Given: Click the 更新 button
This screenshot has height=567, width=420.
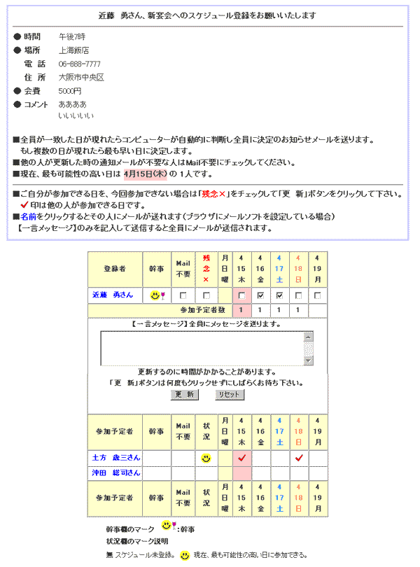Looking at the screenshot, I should coord(185,394).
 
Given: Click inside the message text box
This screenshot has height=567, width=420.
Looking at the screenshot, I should coord(202,348).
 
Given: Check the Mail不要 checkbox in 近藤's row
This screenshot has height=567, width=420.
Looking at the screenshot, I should coord(183,295).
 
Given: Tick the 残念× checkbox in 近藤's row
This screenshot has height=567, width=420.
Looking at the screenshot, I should coord(206,295).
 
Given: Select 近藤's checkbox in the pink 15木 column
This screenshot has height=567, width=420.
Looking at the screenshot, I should coord(241,295).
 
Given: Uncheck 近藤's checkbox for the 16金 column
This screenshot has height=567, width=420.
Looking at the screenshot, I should coord(260,295).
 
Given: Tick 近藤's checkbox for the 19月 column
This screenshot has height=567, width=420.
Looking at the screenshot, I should coord(317,295).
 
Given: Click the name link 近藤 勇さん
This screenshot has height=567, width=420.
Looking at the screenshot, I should coord(112,295).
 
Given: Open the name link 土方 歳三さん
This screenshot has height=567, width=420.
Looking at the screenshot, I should coord(116,457).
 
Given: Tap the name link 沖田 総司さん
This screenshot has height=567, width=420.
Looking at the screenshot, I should coord(116,473).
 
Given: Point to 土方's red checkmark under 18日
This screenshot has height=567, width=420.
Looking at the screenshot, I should coord(299,458).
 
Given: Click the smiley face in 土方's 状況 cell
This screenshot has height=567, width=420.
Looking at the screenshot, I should coord(206,458).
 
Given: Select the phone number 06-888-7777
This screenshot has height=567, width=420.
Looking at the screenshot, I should coord(79,64).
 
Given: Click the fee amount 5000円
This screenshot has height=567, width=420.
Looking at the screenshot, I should coord(70,91).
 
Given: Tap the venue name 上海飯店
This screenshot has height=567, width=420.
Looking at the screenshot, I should coord(73,50).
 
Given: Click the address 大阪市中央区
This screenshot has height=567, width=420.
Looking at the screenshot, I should coord(81,77).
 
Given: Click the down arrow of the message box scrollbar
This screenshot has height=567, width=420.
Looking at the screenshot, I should coord(309,360).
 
